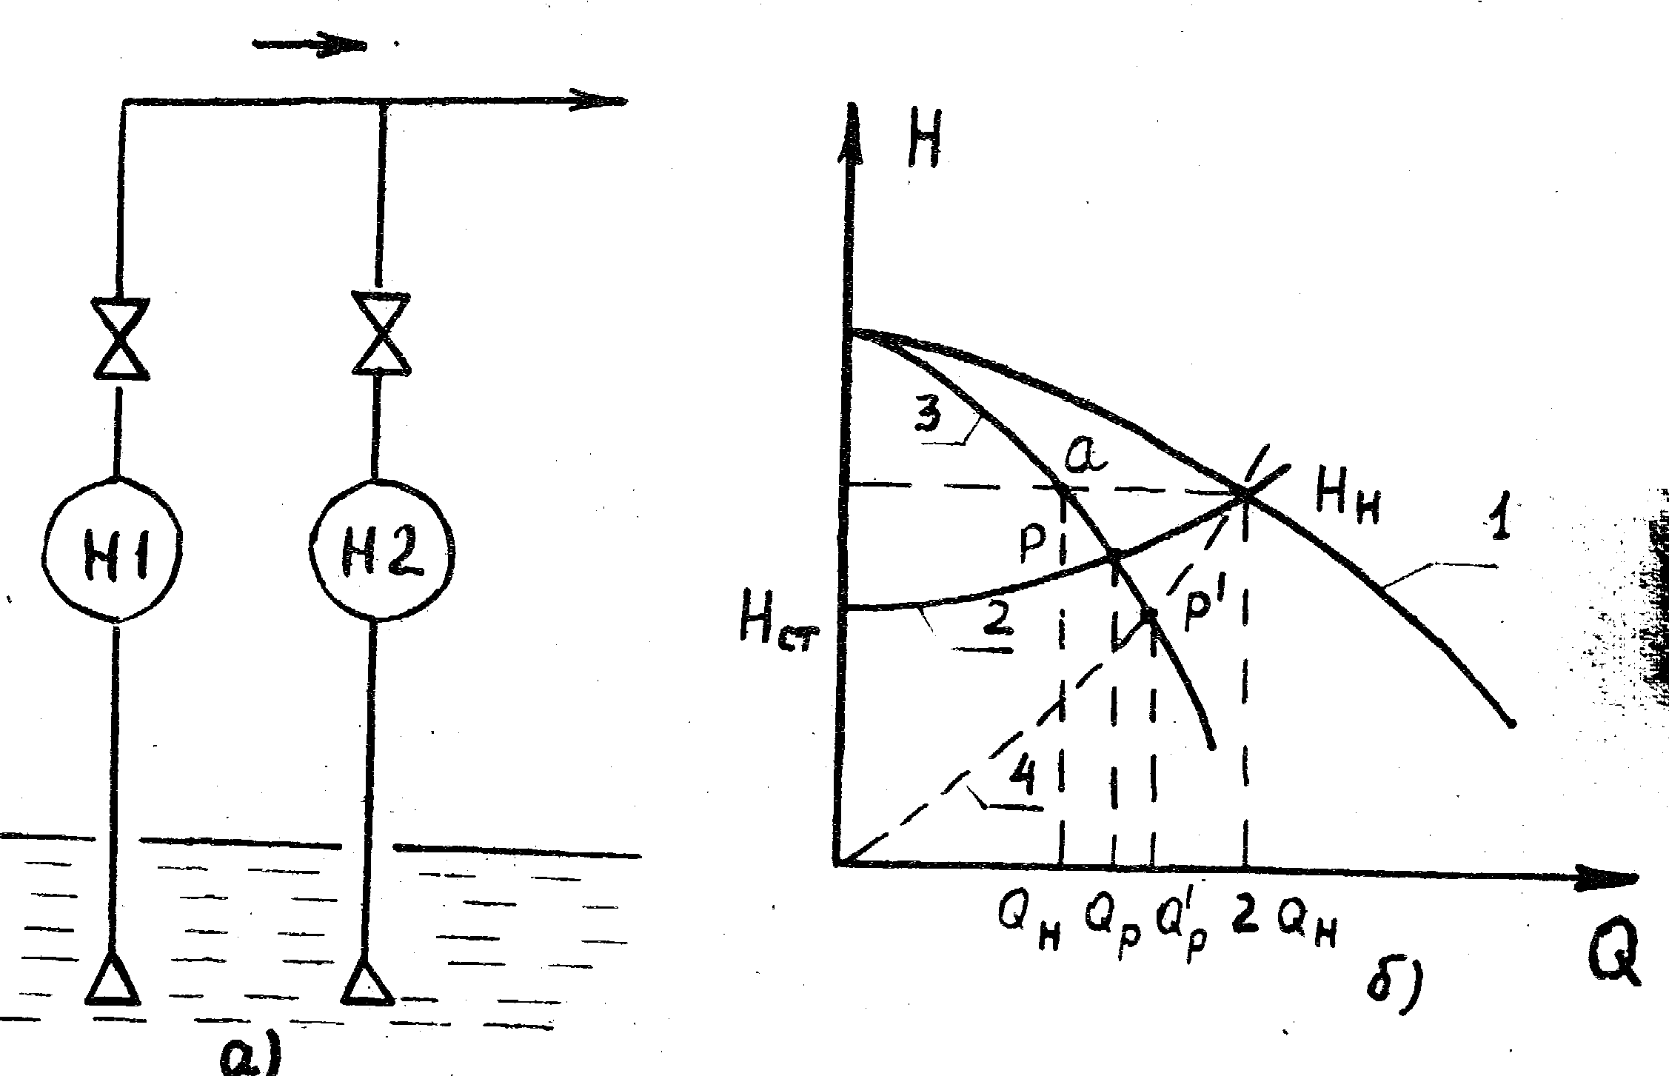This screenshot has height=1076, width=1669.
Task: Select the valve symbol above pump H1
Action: click(x=119, y=339)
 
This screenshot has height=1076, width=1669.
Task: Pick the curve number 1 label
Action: click(x=1499, y=521)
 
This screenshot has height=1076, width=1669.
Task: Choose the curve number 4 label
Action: click(x=1025, y=777)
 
